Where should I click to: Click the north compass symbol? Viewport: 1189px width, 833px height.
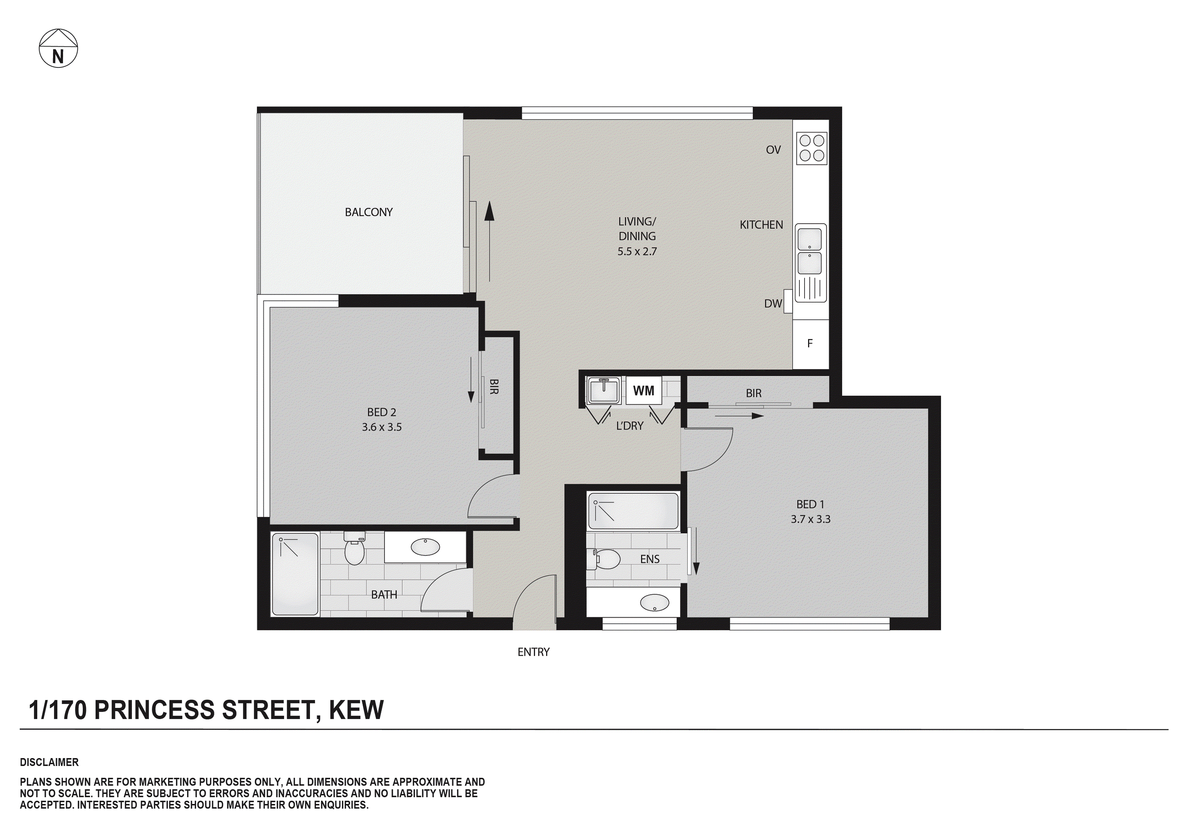[x=58, y=48]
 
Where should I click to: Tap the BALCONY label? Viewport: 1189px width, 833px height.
[x=368, y=212]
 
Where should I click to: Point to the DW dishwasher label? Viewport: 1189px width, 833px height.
[x=772, y=304]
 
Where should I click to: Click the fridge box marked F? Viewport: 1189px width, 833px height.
[x=810, y=343]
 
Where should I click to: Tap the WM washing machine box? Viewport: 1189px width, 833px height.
[x=643, y=391]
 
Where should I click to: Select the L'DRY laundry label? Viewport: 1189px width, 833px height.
[x=629, y=426]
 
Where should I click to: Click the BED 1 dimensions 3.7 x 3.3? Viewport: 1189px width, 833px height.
[x=810, y=519]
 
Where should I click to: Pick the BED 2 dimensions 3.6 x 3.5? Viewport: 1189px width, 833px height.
[x=381, y=427]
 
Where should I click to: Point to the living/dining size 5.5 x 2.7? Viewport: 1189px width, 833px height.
[x=637, y=252]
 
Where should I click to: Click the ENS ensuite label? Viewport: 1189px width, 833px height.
[x=650, y=559]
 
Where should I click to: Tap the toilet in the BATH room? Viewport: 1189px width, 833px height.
[x=354, y=550]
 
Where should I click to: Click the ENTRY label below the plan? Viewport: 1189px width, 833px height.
[x=533, y=652]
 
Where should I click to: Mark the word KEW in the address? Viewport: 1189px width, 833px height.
[x=356, y=710]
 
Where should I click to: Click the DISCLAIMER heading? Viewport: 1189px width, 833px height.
[x=49, y=762]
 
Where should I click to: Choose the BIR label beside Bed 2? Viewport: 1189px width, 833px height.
[x=494, y=387]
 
